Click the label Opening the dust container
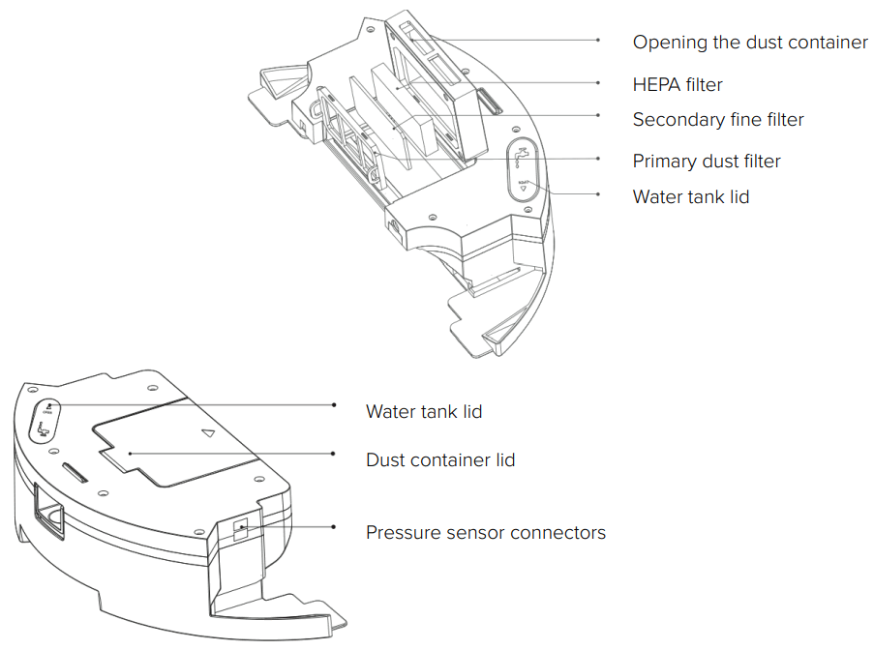[750, 43]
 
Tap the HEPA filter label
[678, 85]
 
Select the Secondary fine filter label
[718, 120]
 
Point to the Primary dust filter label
[707, 161]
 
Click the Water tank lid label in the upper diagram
[690, 196]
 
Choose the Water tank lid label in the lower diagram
[424, 411]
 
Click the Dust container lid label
[440, 459]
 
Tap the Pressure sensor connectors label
[486, 532]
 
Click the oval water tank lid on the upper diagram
[524, 166]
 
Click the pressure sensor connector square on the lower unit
[240, 528]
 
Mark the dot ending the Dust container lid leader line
[334, 454]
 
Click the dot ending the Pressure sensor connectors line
[334, 527]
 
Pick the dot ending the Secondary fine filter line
[598, 115]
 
